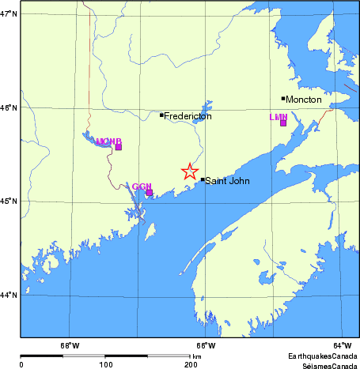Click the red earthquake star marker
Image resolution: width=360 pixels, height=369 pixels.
click(189, 171)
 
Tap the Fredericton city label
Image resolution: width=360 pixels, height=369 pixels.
click(188, 116)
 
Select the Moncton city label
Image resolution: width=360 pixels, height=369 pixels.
click(304, 100)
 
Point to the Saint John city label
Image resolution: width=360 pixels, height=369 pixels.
click(228, 181)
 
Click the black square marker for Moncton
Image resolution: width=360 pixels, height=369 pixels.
click(283, 99)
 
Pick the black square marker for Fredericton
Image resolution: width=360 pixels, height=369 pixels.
click(161, 115)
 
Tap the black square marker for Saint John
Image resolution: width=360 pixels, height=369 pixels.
click(203, 179)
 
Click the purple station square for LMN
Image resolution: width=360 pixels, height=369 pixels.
click(283, 123)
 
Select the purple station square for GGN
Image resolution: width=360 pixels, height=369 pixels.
click(149, 192)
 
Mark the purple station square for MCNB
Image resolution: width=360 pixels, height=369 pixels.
click(119, 147)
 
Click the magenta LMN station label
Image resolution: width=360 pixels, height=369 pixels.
click(278, 117)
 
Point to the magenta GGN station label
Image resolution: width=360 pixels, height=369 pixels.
click(142, 186)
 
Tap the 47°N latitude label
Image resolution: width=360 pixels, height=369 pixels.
click(9, 14)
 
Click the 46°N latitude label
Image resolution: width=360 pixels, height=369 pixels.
click(9, 107)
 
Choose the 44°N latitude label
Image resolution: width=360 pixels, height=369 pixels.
click(9, 296)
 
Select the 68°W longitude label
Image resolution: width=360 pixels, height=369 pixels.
click(70, 345)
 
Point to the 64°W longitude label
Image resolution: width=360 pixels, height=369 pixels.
click(342, 345)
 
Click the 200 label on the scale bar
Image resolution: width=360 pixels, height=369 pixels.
click(190, 364)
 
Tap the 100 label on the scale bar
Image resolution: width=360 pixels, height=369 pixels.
click(105, 364)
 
